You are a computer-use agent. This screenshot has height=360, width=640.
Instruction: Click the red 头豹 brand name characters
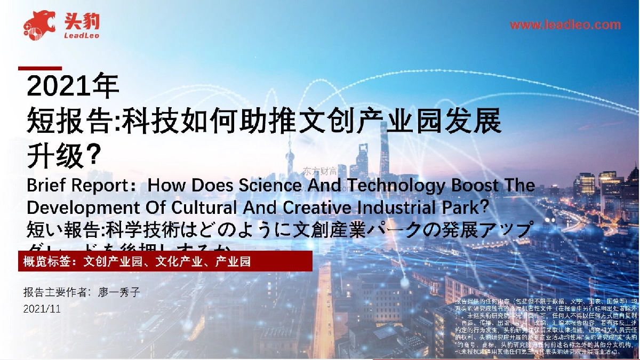tap(81, 21)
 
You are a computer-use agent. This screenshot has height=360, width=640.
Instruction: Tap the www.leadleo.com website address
tap(565, 25)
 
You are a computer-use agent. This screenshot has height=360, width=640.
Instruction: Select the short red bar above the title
tap(40, 68)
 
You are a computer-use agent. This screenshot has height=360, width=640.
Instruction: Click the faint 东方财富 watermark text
tap(320, 171)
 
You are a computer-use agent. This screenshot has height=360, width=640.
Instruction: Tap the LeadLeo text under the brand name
tap(81, 35)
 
